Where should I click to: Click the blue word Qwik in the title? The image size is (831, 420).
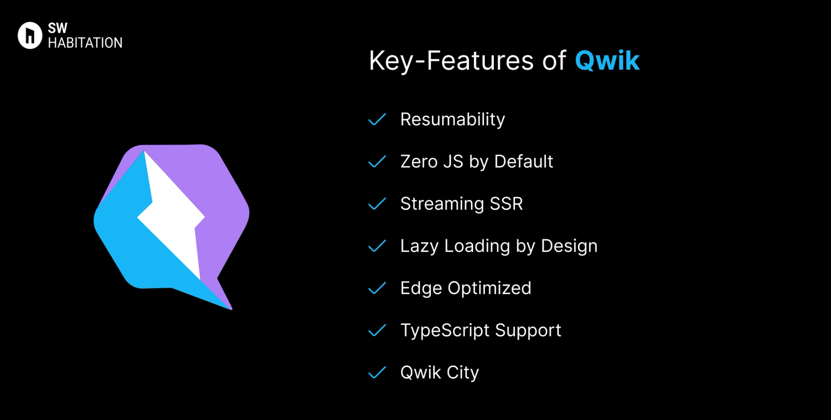tap(607, 61)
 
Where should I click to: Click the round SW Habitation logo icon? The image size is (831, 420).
tap(30, 35)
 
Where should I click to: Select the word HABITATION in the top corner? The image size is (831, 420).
tap(85, 43)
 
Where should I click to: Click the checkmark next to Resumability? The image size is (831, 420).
tap(377, 119)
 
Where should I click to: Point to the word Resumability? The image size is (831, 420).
tap(452, 119)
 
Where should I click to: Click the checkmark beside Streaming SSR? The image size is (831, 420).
tap(377, 204)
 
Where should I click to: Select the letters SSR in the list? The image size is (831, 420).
tap(506, 204)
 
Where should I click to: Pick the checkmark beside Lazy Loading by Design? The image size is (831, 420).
tap(377, 246)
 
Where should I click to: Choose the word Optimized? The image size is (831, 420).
tap(489, 288)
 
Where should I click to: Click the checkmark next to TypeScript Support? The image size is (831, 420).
tap(377, 330)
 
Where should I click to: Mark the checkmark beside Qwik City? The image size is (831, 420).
tap(377, 372)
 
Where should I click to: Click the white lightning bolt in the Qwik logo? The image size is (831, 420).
tap(173, 216)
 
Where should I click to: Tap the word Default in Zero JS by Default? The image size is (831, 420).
tap(523, 162)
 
